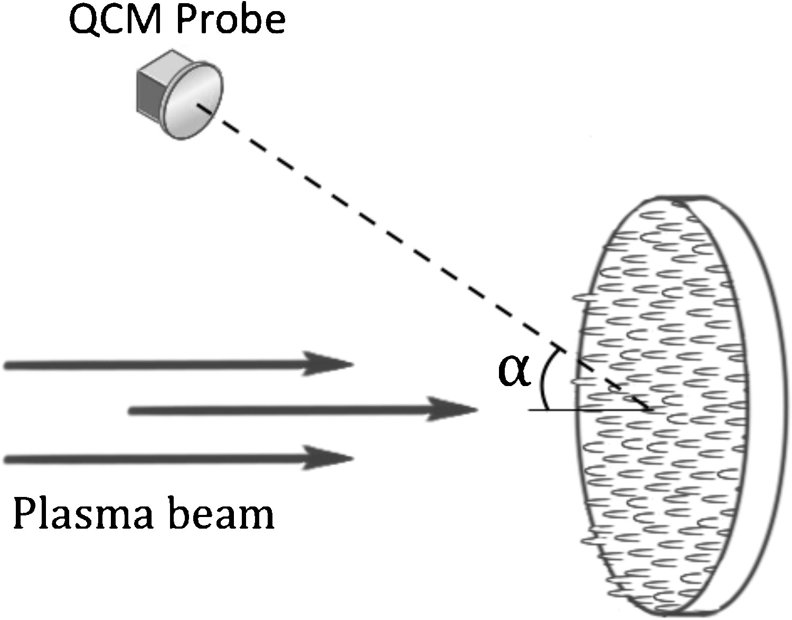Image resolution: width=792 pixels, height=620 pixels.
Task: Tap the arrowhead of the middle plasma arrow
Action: (454, 410)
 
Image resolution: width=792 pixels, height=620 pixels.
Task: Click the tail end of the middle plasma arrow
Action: (132, 410)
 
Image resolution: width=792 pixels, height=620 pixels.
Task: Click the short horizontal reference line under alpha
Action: (560, 410)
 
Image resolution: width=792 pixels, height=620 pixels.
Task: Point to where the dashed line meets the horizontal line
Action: (650, 409)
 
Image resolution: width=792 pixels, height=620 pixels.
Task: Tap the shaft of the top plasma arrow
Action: (158, 364)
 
